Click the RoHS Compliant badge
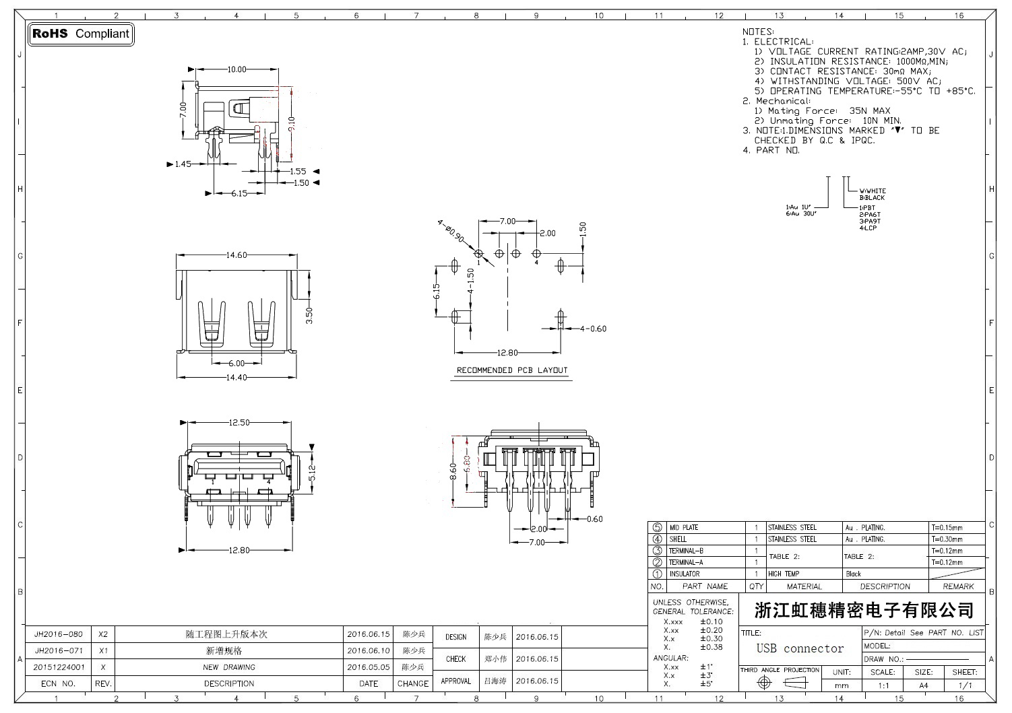pyautogui.click(x=80, y=34)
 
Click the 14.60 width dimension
pyautogui.click(x=236, y=255)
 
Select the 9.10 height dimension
pyautogui.click(x=291, y=123)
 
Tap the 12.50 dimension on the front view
pyautogui.click(x=239, y=423)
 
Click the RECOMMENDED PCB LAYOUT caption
pyautogui.click(x=512, y=370)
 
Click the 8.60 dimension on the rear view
pyautogui.click(x=453, y=471)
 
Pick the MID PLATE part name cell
pyautogui.click(x=683, y=528)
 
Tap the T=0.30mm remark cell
pyautogui.click(x=947, y=539)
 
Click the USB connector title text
pyautogui.click(x=800, y=649)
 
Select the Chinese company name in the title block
pyautogui.click(x=864, y=611)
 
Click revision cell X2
pyautogui.click(x=103, y=634)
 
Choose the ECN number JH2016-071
pyautogui.click(x=59, y=651)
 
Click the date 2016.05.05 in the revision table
pyautogui.click(x=369, y=667)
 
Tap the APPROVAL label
pyautogui.click(x=455, y=681)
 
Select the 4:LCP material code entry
pyautogui.click(x=869, y=228)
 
